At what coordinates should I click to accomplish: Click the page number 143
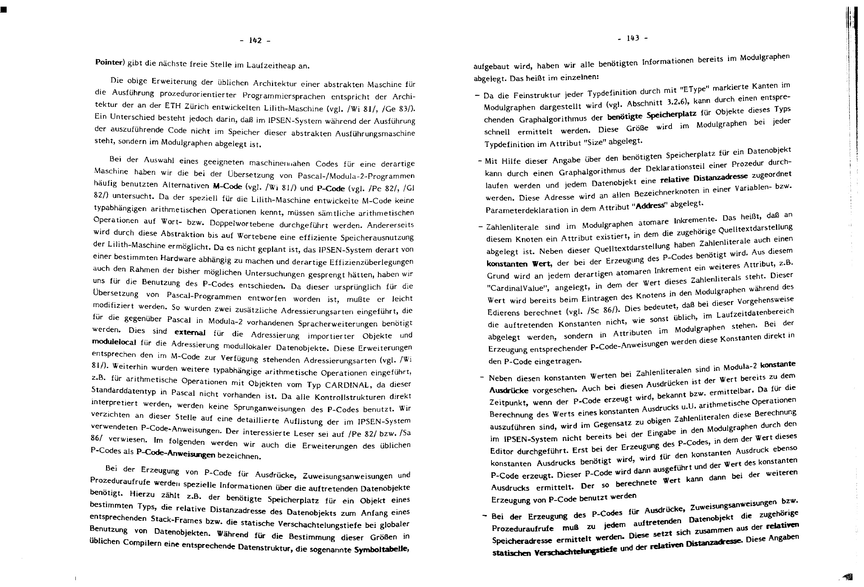coord(633,38)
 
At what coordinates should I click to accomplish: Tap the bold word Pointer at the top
coord(109,62)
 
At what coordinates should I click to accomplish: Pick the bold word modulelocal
coord(115,342)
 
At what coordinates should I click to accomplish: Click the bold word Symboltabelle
coord(381,549)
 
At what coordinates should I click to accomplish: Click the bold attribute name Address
coord(651,206)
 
